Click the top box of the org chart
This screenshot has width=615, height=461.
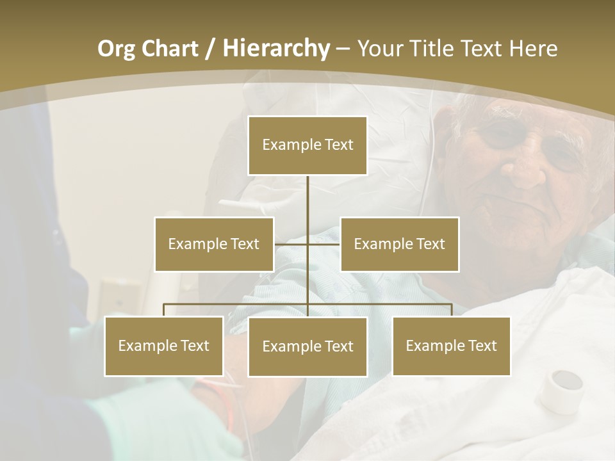[x=307, y=145]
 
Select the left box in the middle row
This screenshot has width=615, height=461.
[x=214, y=244]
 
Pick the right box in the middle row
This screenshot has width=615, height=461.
[x=399, y=244]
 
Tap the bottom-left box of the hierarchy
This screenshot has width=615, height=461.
[x=164, y=346]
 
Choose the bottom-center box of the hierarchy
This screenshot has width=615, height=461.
[x=307, y=346]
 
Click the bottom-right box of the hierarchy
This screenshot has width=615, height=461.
[x=451, y=346]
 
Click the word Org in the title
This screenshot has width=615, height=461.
[x=117, y=49]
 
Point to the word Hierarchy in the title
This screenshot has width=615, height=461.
[x=275, y=49]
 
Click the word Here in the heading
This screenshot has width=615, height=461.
[x=533, y=49]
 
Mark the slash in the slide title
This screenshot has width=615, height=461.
[x=210, y=49]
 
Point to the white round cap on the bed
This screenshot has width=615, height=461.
[x=561, y=390]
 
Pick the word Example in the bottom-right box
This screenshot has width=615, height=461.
[x=432, y=346]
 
